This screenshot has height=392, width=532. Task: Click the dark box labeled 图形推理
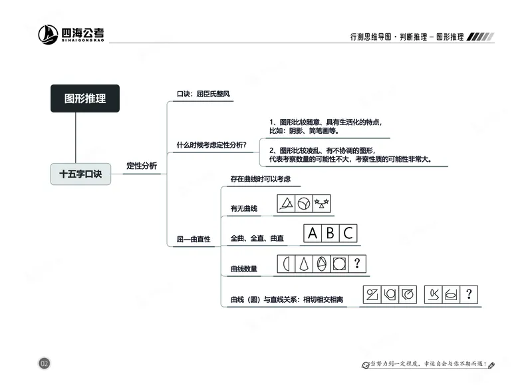coord(85,98)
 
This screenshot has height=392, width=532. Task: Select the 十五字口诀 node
coord(80,174)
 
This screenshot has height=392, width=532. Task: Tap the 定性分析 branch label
coord(142,166)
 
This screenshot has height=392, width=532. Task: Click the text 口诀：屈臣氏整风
coord(203,94)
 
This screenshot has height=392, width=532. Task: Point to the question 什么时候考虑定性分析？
coord(211,145)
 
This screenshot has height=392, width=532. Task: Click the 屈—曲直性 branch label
coord(194,239)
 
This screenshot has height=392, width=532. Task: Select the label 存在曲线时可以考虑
coord(260,179)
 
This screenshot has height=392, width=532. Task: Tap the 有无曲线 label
coord(243,209)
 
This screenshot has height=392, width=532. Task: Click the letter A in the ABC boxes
coord(313,234)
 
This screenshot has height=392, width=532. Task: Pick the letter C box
coord(348,234)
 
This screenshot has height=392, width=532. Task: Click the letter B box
coord(331,234)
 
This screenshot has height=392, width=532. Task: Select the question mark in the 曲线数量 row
coord(358,264)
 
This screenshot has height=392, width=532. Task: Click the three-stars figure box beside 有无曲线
coord(322,202)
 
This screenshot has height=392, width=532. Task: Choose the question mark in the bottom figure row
coord(469,294)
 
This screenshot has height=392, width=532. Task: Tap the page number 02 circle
coord(45,363)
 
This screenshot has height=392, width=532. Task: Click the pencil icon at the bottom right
coord(491,365)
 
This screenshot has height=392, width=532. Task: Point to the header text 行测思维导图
coord(372,37)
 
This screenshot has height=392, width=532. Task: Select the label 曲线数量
coord(243,269)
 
